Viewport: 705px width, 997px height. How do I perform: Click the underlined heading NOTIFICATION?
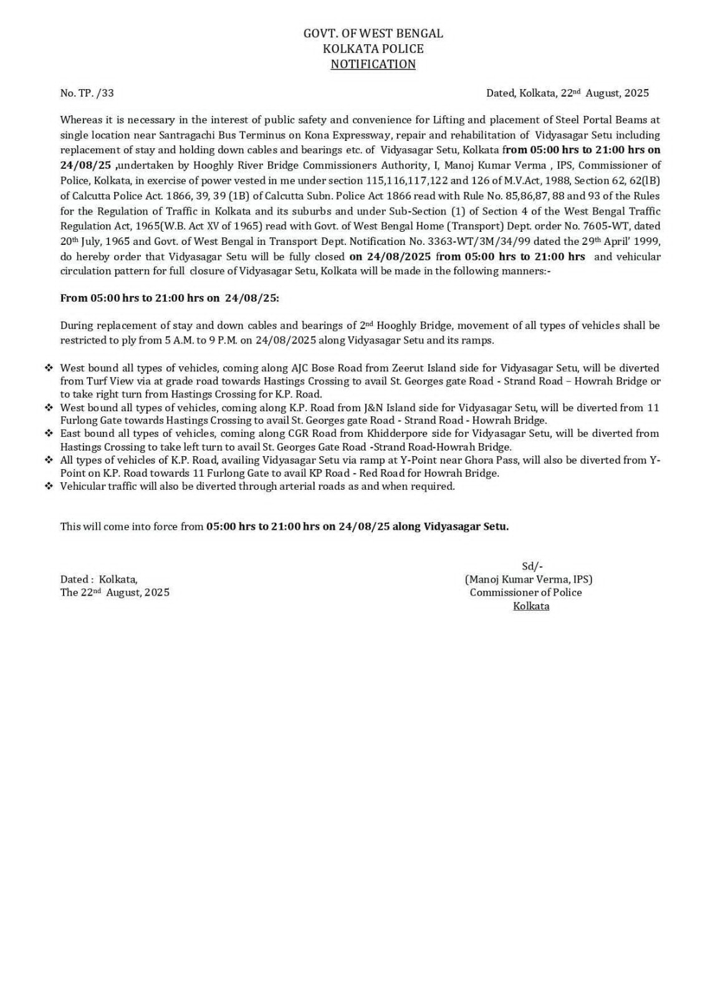[x=373, y=64]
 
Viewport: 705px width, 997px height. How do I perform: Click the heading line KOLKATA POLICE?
[x=373, y=49]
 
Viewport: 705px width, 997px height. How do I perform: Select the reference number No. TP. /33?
[x=87, y=93]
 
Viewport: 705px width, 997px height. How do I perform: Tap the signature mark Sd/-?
[x=532, y=566]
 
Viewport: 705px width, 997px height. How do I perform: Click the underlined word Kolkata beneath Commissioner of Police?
[x=531, y=606]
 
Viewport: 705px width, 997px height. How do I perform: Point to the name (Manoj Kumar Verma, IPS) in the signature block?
[x=529, y=579]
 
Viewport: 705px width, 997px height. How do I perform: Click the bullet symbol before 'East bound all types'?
[x=49, y=434]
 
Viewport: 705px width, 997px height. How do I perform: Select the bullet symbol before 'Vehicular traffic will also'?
[x=49, y=486]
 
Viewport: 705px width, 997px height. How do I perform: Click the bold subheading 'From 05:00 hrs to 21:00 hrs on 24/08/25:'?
[x=170, y=298]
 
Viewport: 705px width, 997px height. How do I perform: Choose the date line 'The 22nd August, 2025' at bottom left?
[x=115, y=592]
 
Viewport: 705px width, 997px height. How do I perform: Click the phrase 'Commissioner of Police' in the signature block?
[x=525, y=592]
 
